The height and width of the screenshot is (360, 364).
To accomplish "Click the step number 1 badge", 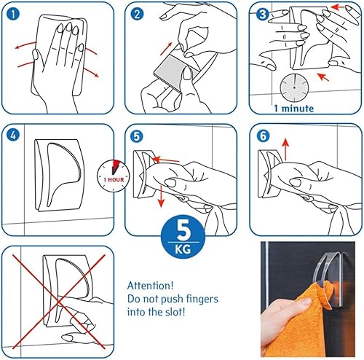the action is (x=13, y=14).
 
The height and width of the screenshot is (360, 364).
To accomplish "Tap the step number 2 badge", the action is (x=137, y=14).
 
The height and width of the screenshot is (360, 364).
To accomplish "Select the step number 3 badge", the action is (x=263, y=15).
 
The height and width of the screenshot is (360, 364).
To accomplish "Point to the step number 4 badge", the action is (x=13, y=136).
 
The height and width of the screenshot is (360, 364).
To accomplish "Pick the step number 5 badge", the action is (x=137, y=136).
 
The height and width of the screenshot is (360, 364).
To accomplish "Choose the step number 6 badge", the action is (x=263, y=136).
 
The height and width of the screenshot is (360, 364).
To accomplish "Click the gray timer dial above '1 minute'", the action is (x=294, y=87).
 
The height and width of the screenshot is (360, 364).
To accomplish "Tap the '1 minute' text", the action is (x=294, y=109).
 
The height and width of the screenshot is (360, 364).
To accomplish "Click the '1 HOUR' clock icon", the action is (x=114, y=176).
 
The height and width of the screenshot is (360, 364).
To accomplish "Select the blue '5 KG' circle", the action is (x=183, y=238).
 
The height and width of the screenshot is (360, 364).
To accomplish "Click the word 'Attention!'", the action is (x=151, y=286).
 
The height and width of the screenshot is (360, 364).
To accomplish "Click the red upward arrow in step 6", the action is (x=286, y=149).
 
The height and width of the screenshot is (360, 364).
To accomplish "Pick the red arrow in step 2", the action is (x=166, y=49).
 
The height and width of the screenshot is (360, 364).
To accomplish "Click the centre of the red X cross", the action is (x=58, y=302).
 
